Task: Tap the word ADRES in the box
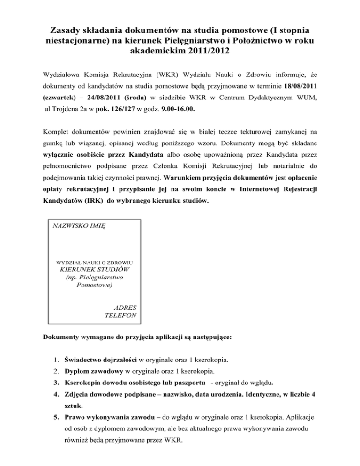point(125,308)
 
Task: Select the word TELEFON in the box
point(121,316)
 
